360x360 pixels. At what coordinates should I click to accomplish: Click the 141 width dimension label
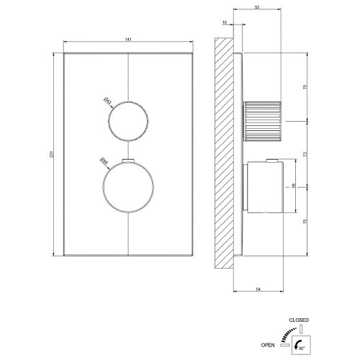128,41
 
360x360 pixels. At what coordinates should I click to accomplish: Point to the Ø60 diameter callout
103,163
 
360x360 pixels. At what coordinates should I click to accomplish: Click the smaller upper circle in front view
128,117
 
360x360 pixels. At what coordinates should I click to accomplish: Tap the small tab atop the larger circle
128,160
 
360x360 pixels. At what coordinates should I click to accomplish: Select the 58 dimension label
292,186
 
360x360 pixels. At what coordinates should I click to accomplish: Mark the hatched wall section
225,151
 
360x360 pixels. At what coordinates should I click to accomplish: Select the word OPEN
287,344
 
